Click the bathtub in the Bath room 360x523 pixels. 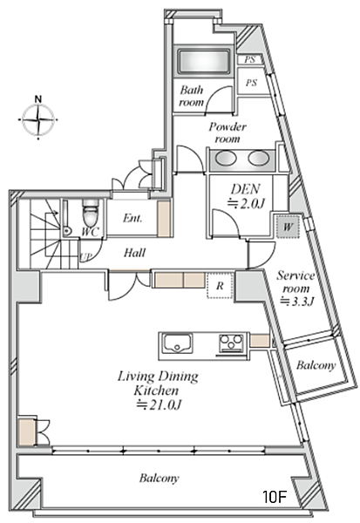pyautogui.click(x=203, y=62)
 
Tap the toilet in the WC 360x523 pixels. pyautogui.click(x=90, y=213)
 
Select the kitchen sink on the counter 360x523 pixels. pyautogui.click(x=177, y=343)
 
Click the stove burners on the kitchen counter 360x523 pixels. pyautogui.click(x=230, y=343)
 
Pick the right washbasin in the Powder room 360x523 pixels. pyautogui.click(x=257, y=158)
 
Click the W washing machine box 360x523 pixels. pyautogui.click(x=288, y=228)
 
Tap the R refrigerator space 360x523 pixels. pyautogui.click(x=220, y=286)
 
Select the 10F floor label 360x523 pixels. pyautogui.click(x=275, y=497)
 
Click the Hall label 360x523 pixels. pyautogui.click(x=134, y=253)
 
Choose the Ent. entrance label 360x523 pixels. pyautogui.click(x=132, y=218)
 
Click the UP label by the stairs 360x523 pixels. pyautogui.click(x=85, y=257)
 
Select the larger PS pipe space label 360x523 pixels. pyautogui.click(x=252, y=82)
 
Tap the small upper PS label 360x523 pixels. pyautogui.click(x=249, y=59)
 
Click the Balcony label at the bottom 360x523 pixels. pyautogui.click(x=160, y=478)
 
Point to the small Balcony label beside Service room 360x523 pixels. pyautogui.click(x=316, y=365)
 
